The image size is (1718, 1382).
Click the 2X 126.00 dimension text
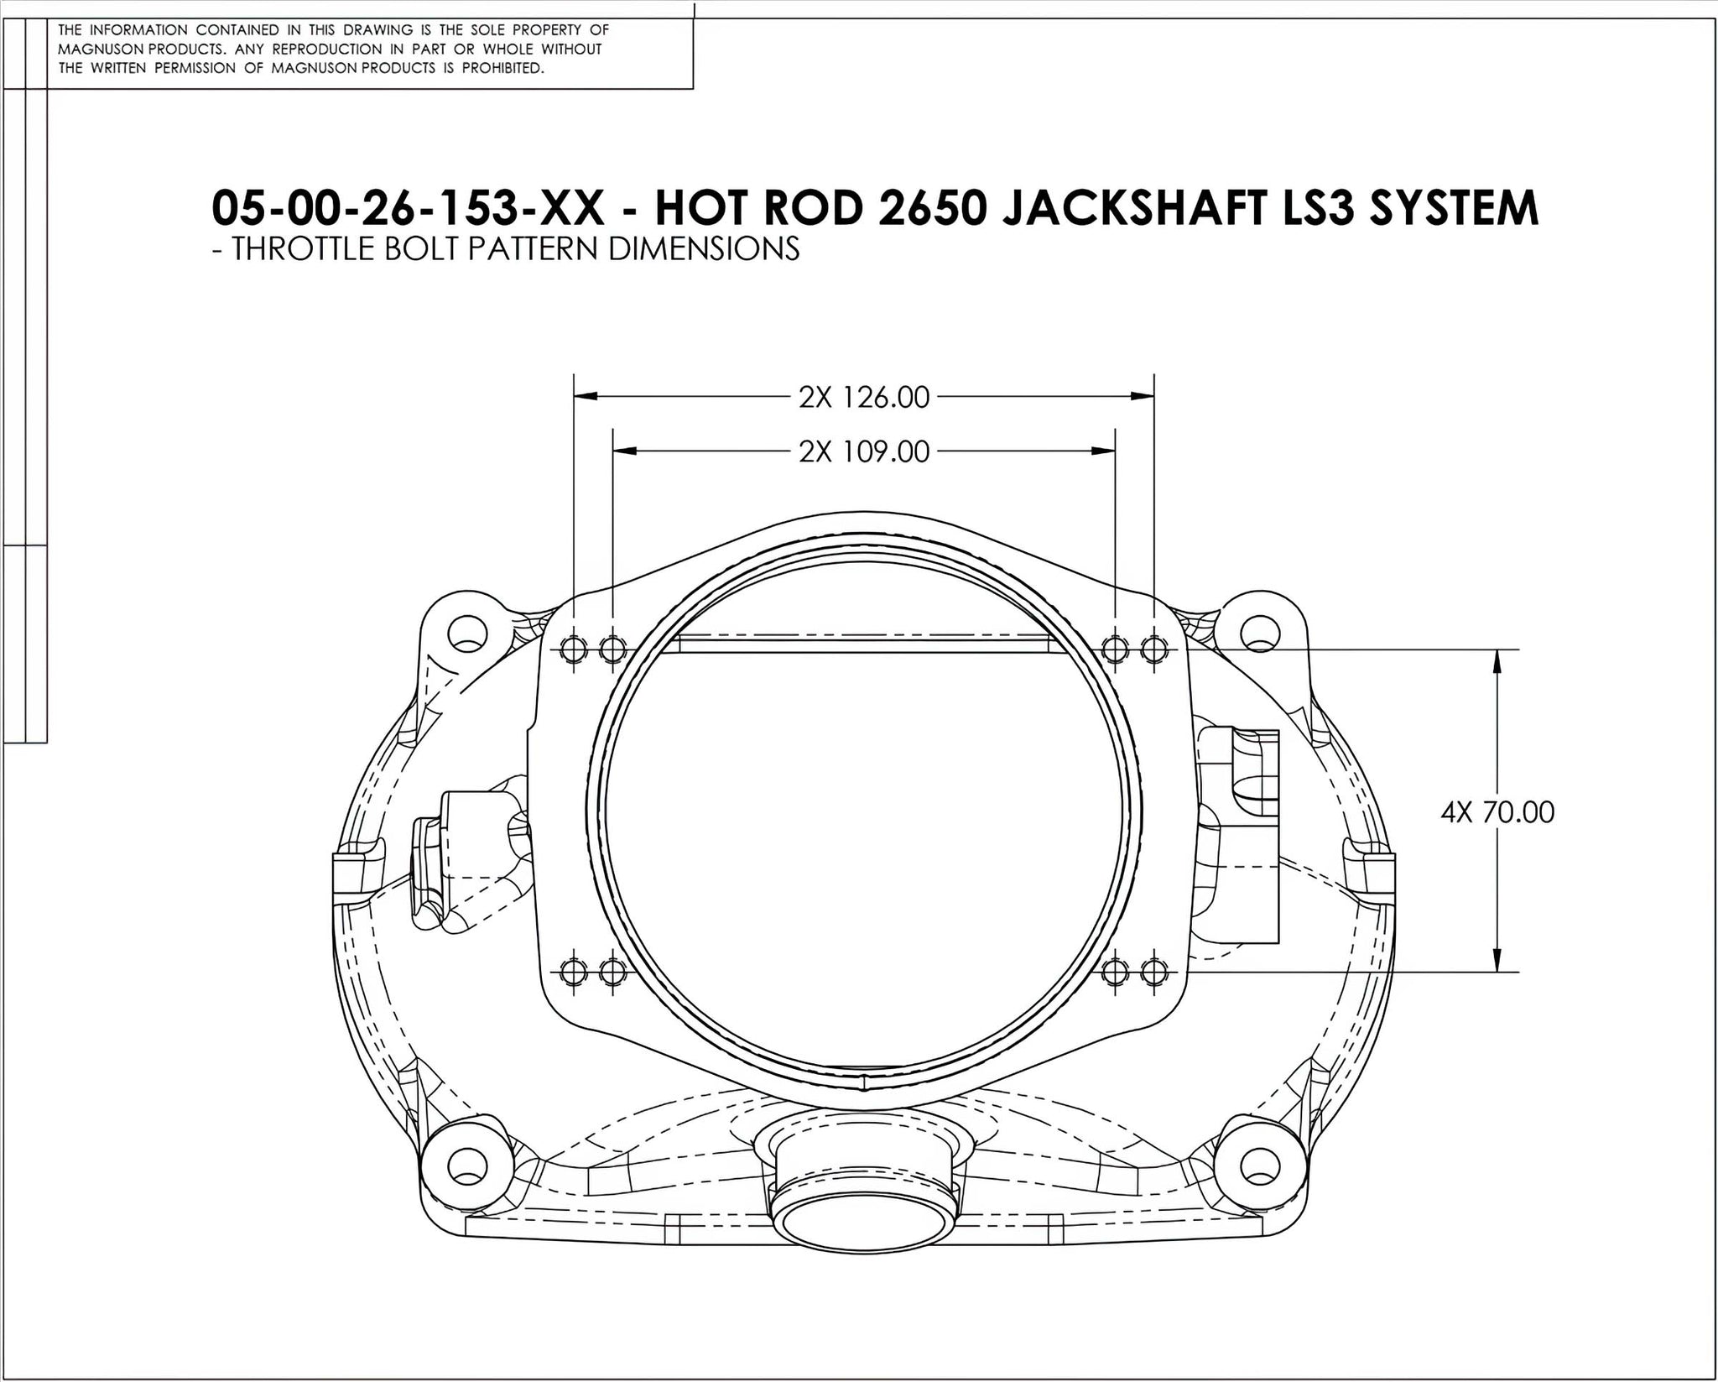[864, 397]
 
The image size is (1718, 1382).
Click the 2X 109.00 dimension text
[864, 452]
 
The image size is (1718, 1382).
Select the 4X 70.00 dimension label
[1497, 812]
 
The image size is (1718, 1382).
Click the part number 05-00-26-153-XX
[408, 208]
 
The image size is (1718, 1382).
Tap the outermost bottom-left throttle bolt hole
[574, 973]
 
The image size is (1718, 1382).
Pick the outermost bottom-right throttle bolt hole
[1154, 973]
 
